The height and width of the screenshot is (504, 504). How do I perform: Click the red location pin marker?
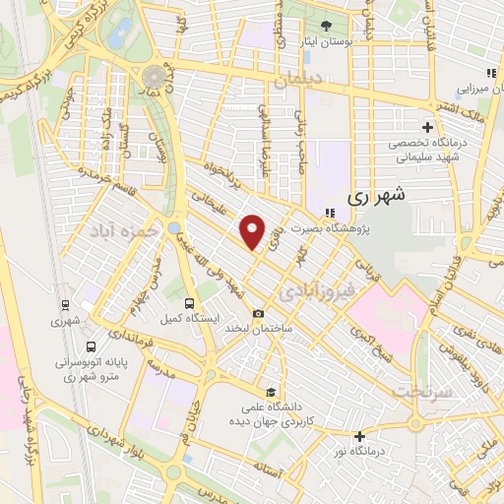[x=253, y=232]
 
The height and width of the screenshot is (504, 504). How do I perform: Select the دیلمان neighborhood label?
[x=299, y=87]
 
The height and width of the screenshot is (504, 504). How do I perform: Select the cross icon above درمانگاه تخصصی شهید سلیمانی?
[x=427, y=127]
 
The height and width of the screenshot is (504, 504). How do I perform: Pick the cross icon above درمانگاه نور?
[x=360, y=436]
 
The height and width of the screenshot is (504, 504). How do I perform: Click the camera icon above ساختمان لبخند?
[x=258, y=314]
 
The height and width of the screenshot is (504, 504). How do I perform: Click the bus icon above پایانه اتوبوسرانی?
[x=91, y=347]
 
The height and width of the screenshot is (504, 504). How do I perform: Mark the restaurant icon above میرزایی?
[x=489, y=73]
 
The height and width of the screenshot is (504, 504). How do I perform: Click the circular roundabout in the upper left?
[x=154, y=75]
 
